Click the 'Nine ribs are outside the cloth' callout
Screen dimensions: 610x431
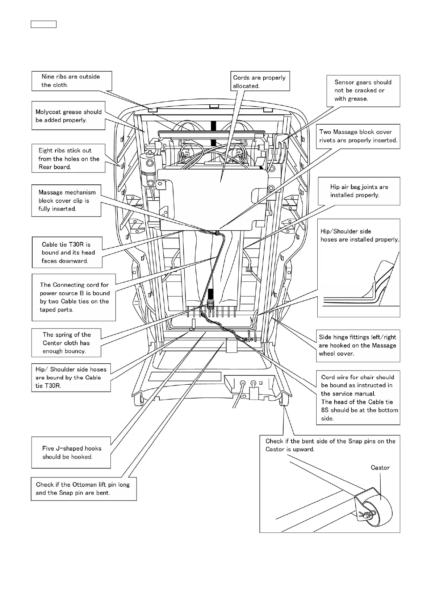click(71, 81)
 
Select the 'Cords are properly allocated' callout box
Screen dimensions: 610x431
click(260, 81)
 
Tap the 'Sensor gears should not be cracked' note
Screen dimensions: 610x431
click(363, 91)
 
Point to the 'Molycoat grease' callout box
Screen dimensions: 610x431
click(68, 116)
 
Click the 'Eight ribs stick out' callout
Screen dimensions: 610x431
click(68, 159)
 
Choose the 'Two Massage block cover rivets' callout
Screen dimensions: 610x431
click(358, 136)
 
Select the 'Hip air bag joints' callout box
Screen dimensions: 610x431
click(359, 191)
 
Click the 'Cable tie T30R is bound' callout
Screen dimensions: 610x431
click(67, 252)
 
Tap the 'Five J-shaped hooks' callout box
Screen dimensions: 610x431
click(71, 452)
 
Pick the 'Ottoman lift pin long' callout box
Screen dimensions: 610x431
click(83, 489)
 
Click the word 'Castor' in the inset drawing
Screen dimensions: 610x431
click(380, 468)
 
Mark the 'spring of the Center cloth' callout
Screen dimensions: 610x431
click(66, 343)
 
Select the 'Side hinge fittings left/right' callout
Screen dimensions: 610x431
click(358, 345)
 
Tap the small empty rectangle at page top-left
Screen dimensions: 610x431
click(43, 24)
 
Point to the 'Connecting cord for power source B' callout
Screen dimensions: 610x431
click(74, 297)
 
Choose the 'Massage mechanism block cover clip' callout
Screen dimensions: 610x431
click(66, 201)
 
